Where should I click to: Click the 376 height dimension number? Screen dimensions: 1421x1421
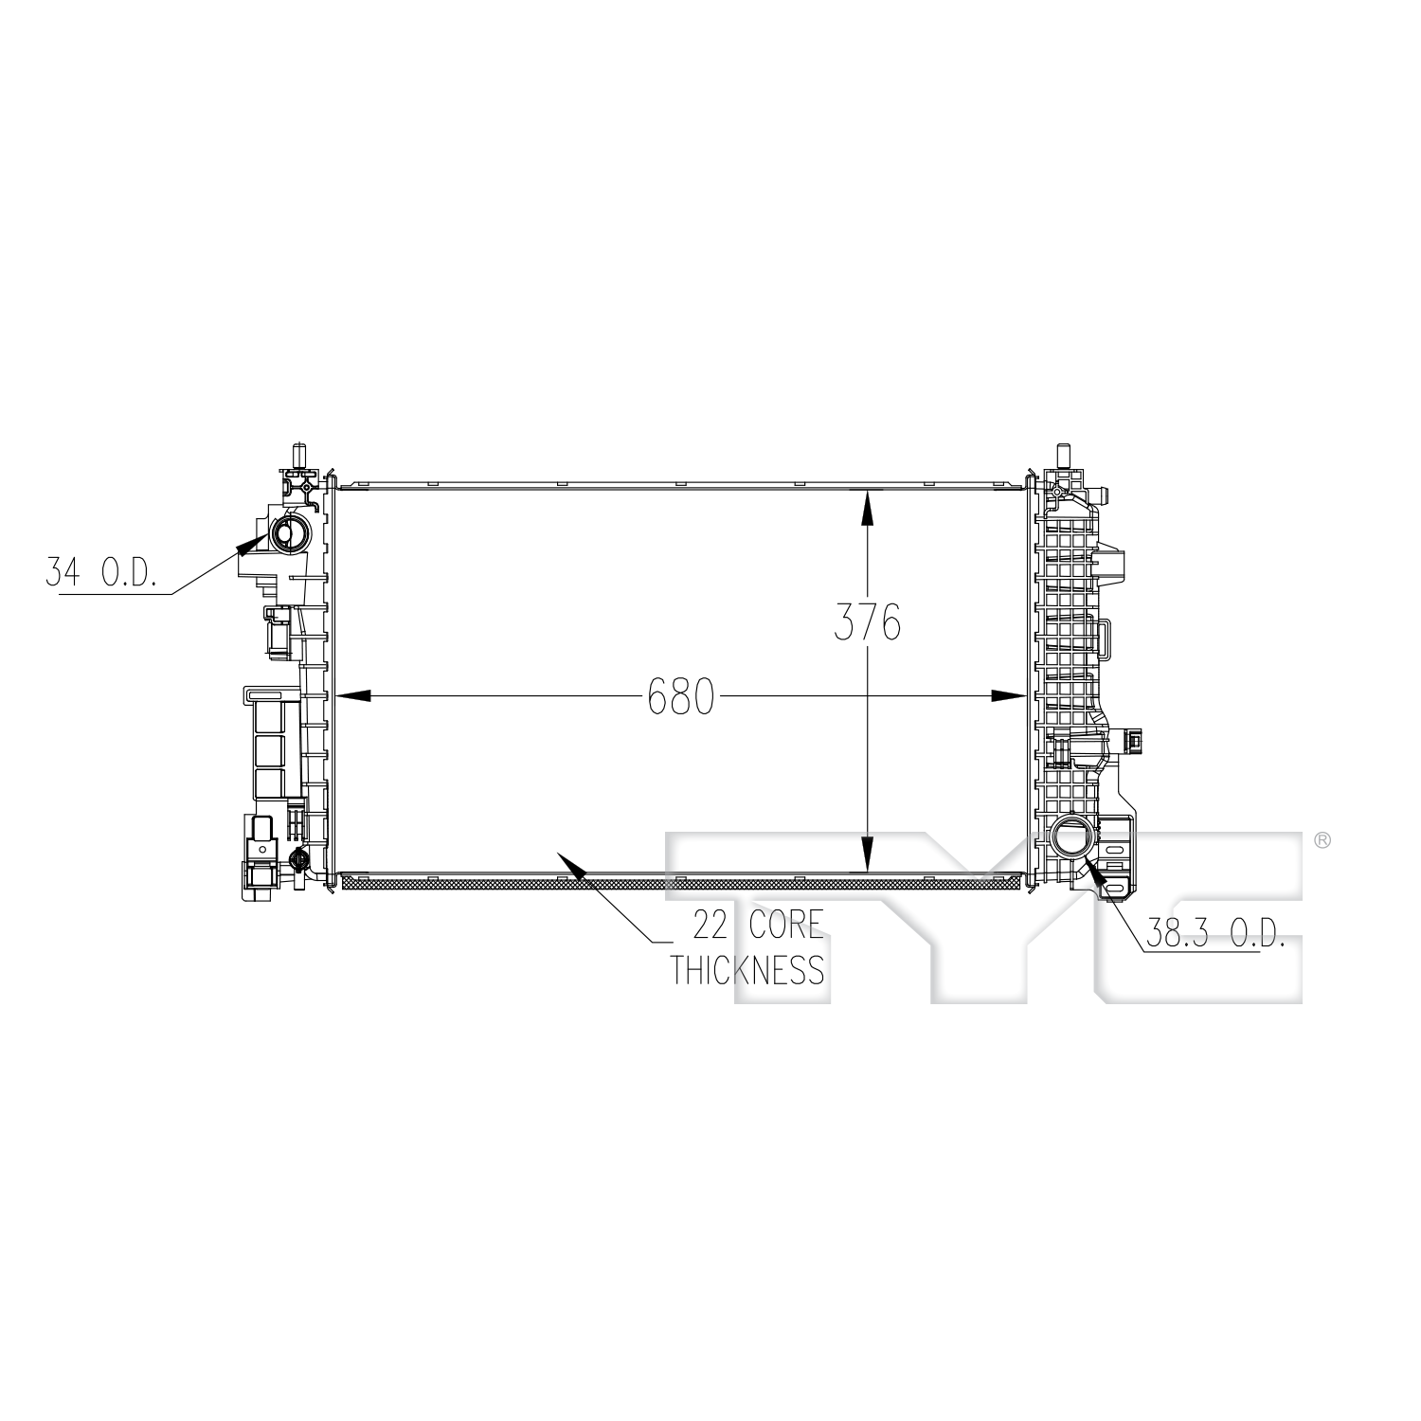[867, 622]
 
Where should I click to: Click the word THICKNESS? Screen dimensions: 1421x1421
[747, 970]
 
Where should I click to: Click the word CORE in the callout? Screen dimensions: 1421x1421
[786, 923]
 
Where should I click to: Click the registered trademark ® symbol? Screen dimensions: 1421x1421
[1323, 840]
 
